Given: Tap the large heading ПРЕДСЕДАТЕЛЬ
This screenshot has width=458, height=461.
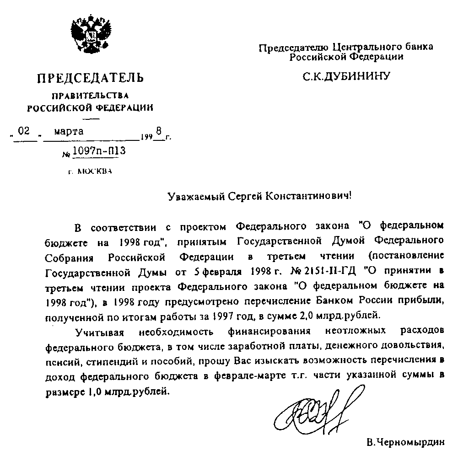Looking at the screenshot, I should (x=90, y=78).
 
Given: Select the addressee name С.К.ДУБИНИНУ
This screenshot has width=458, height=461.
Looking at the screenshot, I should (x=346, y=75).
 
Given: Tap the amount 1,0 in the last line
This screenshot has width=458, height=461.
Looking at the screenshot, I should (x=91, y=392).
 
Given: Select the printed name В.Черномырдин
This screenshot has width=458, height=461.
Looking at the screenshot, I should (x=405, y=443).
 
